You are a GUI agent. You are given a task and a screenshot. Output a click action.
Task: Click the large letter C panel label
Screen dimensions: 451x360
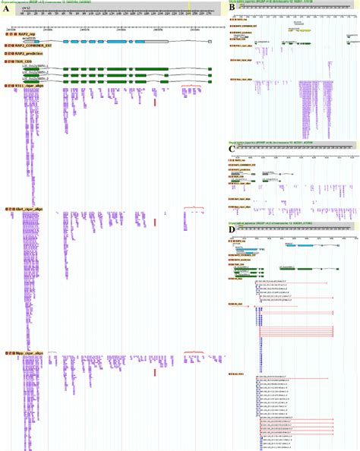(x=232, y=150)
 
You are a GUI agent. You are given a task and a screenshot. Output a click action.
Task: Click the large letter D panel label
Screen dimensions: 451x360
(x=232, y=229)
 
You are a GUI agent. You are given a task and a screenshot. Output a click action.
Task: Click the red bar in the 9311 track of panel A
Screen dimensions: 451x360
(x=155, y=101)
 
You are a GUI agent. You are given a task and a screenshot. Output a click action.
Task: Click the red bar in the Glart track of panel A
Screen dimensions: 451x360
(x=155, y=222)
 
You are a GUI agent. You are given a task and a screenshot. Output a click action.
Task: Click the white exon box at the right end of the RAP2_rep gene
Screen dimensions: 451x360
(x=210, y=40)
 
